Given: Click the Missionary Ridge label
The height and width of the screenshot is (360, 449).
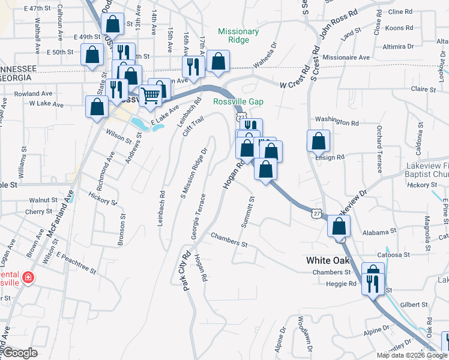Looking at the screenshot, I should [238, 35].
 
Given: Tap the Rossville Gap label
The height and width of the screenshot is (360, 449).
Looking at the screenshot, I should [238, 101].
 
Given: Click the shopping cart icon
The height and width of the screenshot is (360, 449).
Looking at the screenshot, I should [151, 94].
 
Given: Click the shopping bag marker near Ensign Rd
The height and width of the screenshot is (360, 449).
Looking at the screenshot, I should [319, 142].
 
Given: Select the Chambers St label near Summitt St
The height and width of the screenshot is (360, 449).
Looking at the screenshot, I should [229, 240].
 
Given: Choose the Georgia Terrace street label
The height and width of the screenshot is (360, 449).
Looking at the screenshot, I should [199, 216].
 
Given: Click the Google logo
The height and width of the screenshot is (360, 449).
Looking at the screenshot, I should [20, 353].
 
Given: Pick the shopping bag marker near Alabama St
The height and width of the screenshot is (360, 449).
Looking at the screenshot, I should [340, 227].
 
